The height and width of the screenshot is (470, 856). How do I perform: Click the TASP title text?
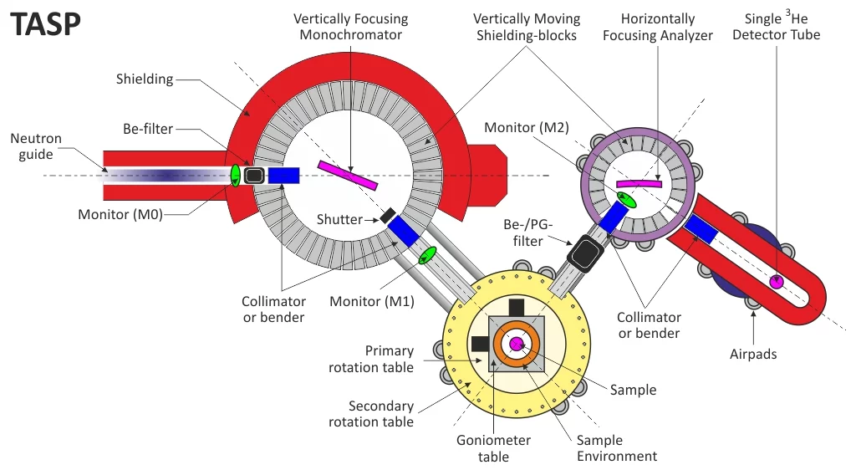point(46,25)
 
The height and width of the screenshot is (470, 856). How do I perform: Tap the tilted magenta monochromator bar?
point(348,175)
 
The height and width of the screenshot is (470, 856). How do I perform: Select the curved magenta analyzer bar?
point(639,183)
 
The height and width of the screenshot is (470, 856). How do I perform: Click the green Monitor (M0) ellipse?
point(237,175)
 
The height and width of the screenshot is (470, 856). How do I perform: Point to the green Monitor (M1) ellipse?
point(429,254)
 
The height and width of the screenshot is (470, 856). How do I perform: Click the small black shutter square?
point(388,215)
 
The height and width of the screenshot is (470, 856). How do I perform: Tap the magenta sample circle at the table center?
point(516,343)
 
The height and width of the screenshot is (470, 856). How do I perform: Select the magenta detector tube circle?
point(777,282)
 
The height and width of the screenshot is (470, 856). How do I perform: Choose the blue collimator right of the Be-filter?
point(284,175)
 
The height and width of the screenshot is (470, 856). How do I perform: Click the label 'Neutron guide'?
point(36,146)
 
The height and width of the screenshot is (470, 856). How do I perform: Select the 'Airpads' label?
point(753,354)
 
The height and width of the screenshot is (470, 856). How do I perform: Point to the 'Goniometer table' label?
point(493,448)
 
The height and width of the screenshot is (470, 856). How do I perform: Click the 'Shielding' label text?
point(145,79)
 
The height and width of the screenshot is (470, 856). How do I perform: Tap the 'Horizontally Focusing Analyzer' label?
point(658,27)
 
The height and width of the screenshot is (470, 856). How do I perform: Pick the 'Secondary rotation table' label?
point(381,414)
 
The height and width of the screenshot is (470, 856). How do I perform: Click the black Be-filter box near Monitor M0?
point(255,175)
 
